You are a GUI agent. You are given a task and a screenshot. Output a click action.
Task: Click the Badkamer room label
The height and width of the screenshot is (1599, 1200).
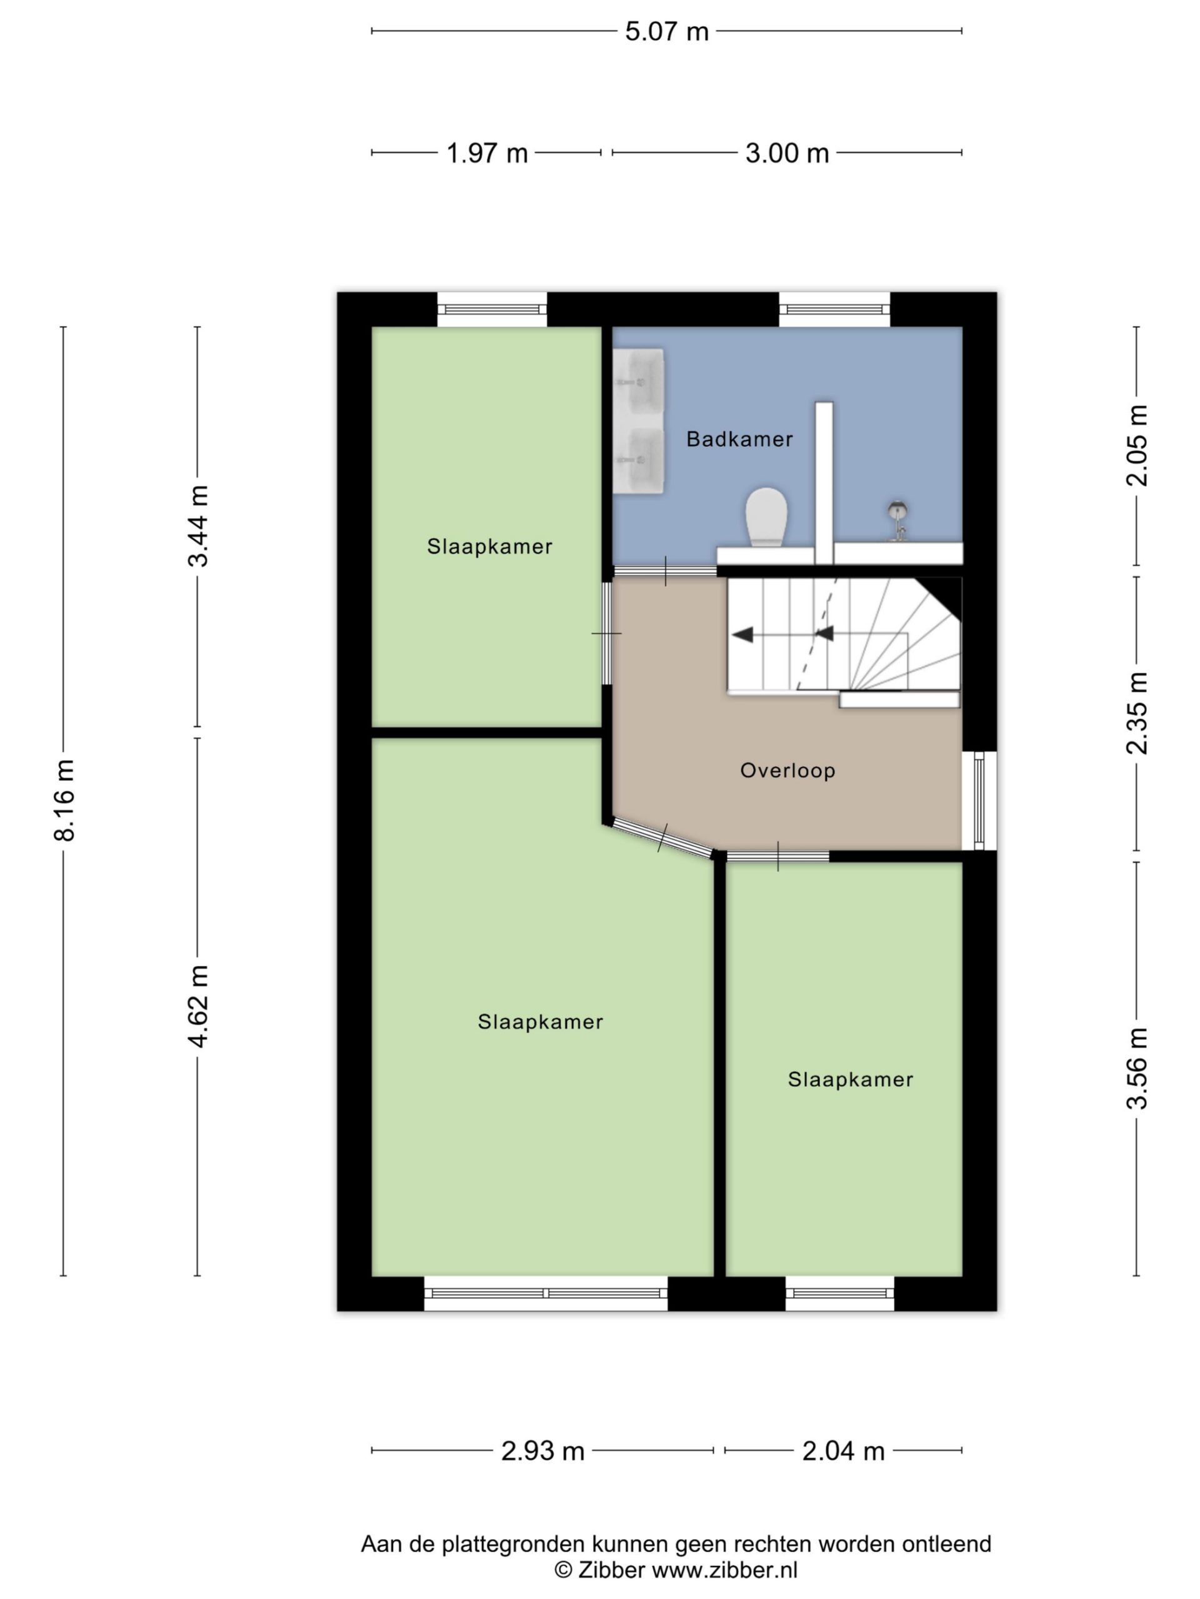(x=739, y=438)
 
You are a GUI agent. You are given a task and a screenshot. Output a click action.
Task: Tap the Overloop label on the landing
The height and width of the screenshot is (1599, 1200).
(x=787, y=771)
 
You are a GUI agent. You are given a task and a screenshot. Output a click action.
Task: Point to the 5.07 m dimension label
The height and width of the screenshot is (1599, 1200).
(x=666, y=32)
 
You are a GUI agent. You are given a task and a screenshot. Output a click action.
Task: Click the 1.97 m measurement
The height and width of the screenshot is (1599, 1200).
(x=487, y=153)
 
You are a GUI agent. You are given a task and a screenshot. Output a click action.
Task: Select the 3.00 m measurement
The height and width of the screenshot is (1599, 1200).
(x=787, y=153)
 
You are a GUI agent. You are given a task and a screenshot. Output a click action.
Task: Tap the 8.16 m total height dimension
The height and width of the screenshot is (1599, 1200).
(x=64, y=800)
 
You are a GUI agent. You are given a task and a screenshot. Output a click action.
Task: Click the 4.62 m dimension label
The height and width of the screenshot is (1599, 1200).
(x=197, y=1006)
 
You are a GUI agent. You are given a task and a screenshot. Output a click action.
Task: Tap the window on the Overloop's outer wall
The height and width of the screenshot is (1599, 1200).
(x=979, y=800)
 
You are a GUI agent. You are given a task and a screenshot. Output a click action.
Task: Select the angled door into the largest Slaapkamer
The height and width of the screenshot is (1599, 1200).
(x=662, y=838)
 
